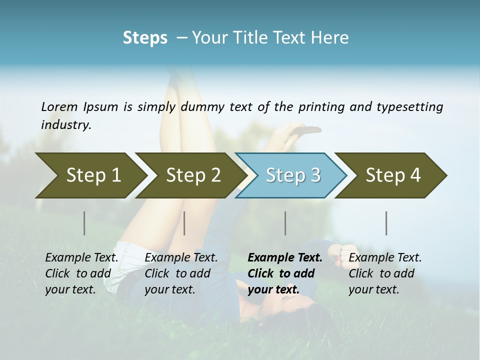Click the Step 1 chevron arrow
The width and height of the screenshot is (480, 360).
point(90,175)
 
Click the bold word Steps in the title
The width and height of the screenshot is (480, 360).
point(145,38)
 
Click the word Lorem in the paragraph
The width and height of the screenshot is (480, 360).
point(59,106)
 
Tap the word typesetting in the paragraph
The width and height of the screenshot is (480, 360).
point(413,106)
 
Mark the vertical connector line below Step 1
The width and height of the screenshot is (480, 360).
point(84,223)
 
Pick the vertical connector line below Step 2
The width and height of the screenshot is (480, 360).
point(184,223)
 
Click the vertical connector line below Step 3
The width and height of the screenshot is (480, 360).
point(285,223)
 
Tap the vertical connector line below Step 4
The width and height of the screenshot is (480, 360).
point(386,223)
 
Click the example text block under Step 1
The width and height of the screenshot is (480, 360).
point(81,273)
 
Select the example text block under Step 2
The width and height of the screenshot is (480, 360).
point(181,273)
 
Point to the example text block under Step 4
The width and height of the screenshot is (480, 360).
point(385,273)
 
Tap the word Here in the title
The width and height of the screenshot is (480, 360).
point(329,38)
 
